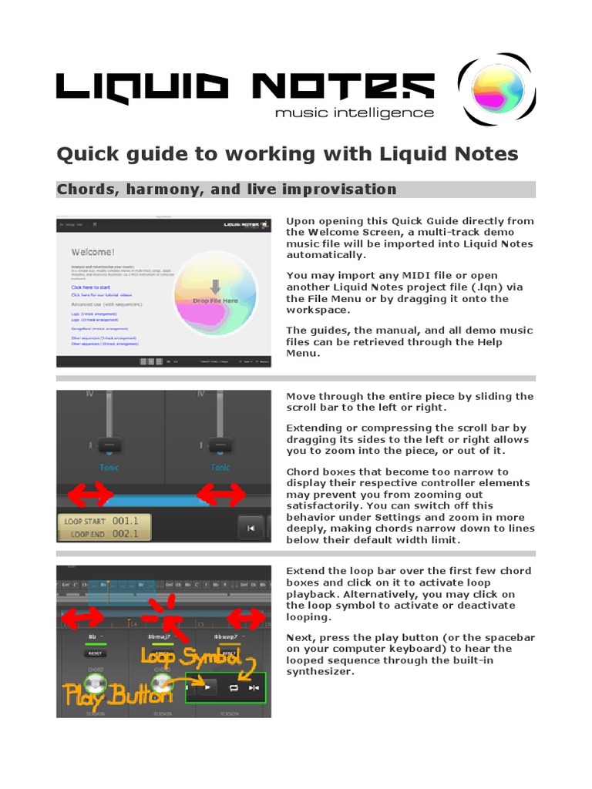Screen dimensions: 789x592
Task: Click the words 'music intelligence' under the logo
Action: tap(355, 112)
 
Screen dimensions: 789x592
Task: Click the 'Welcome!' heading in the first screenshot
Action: tap(93, 252)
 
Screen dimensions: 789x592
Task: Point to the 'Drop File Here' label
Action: tap(215, 300)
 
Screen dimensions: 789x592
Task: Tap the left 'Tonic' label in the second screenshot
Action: tap(109, 467)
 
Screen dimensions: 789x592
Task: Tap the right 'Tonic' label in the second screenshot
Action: tap(220, 467)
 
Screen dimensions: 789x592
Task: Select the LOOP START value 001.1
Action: tap(125, 522)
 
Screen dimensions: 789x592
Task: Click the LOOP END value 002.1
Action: tap(125, 533)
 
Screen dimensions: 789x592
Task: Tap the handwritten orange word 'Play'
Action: tap(89, 695)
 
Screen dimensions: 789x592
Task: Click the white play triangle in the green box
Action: tap(207, 687)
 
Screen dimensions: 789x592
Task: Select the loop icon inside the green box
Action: tap(233, 687)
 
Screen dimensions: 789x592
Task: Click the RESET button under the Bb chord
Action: tap(96, 653)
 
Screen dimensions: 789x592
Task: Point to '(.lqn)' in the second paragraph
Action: tap(489, 287)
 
